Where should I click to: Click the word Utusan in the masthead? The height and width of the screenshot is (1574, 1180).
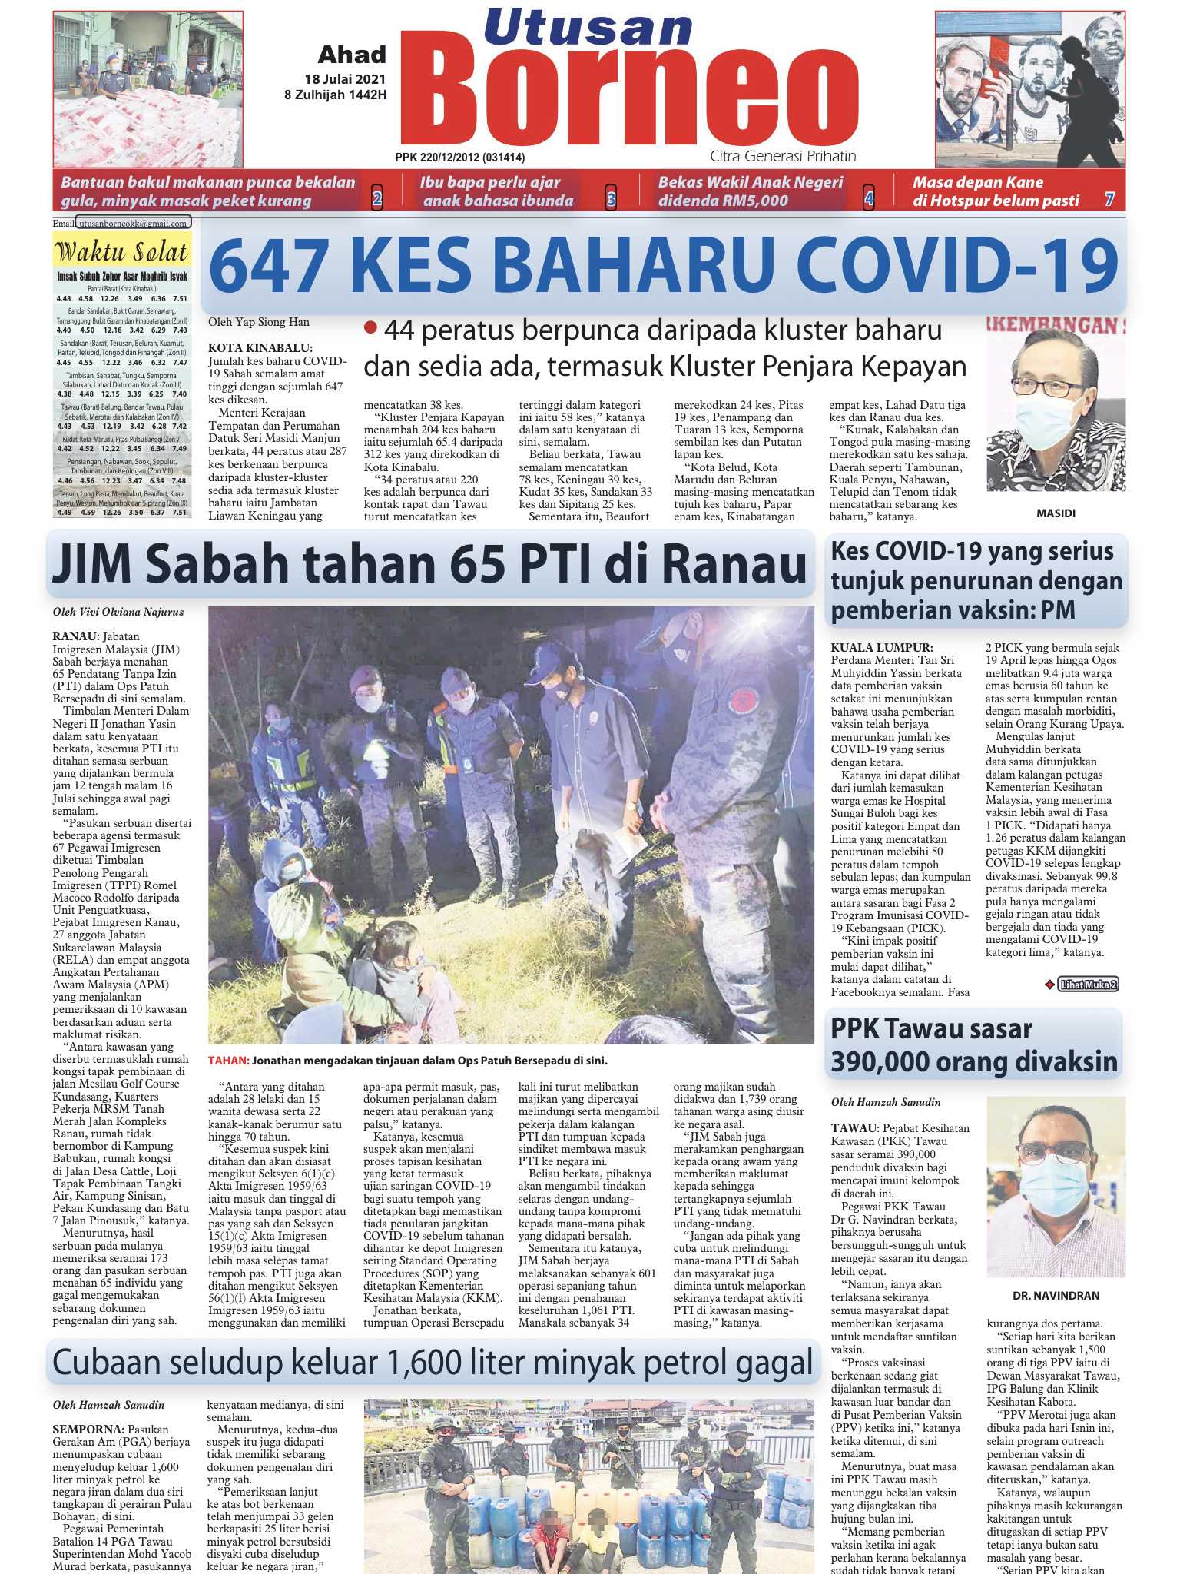click(588, 28)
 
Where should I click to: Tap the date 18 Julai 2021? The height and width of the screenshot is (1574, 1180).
click(345, 79)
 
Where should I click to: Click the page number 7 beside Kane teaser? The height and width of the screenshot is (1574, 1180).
click(1109, 200)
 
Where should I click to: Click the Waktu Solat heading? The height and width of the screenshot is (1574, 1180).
click(122, 252)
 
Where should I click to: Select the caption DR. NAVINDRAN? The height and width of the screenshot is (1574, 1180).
click(1056, 1295)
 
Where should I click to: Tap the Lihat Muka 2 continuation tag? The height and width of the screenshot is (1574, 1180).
click(1087, 984)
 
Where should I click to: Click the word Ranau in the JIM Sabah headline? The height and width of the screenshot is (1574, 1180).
click(734, 566)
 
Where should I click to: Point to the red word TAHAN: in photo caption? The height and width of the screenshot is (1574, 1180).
click(228, 1061)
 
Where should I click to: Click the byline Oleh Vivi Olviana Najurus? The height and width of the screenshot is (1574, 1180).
click(118, 613)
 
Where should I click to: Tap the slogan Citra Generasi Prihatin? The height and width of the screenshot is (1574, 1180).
click(783, 156)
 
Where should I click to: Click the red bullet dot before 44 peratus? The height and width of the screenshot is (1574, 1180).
click(371, 328)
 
